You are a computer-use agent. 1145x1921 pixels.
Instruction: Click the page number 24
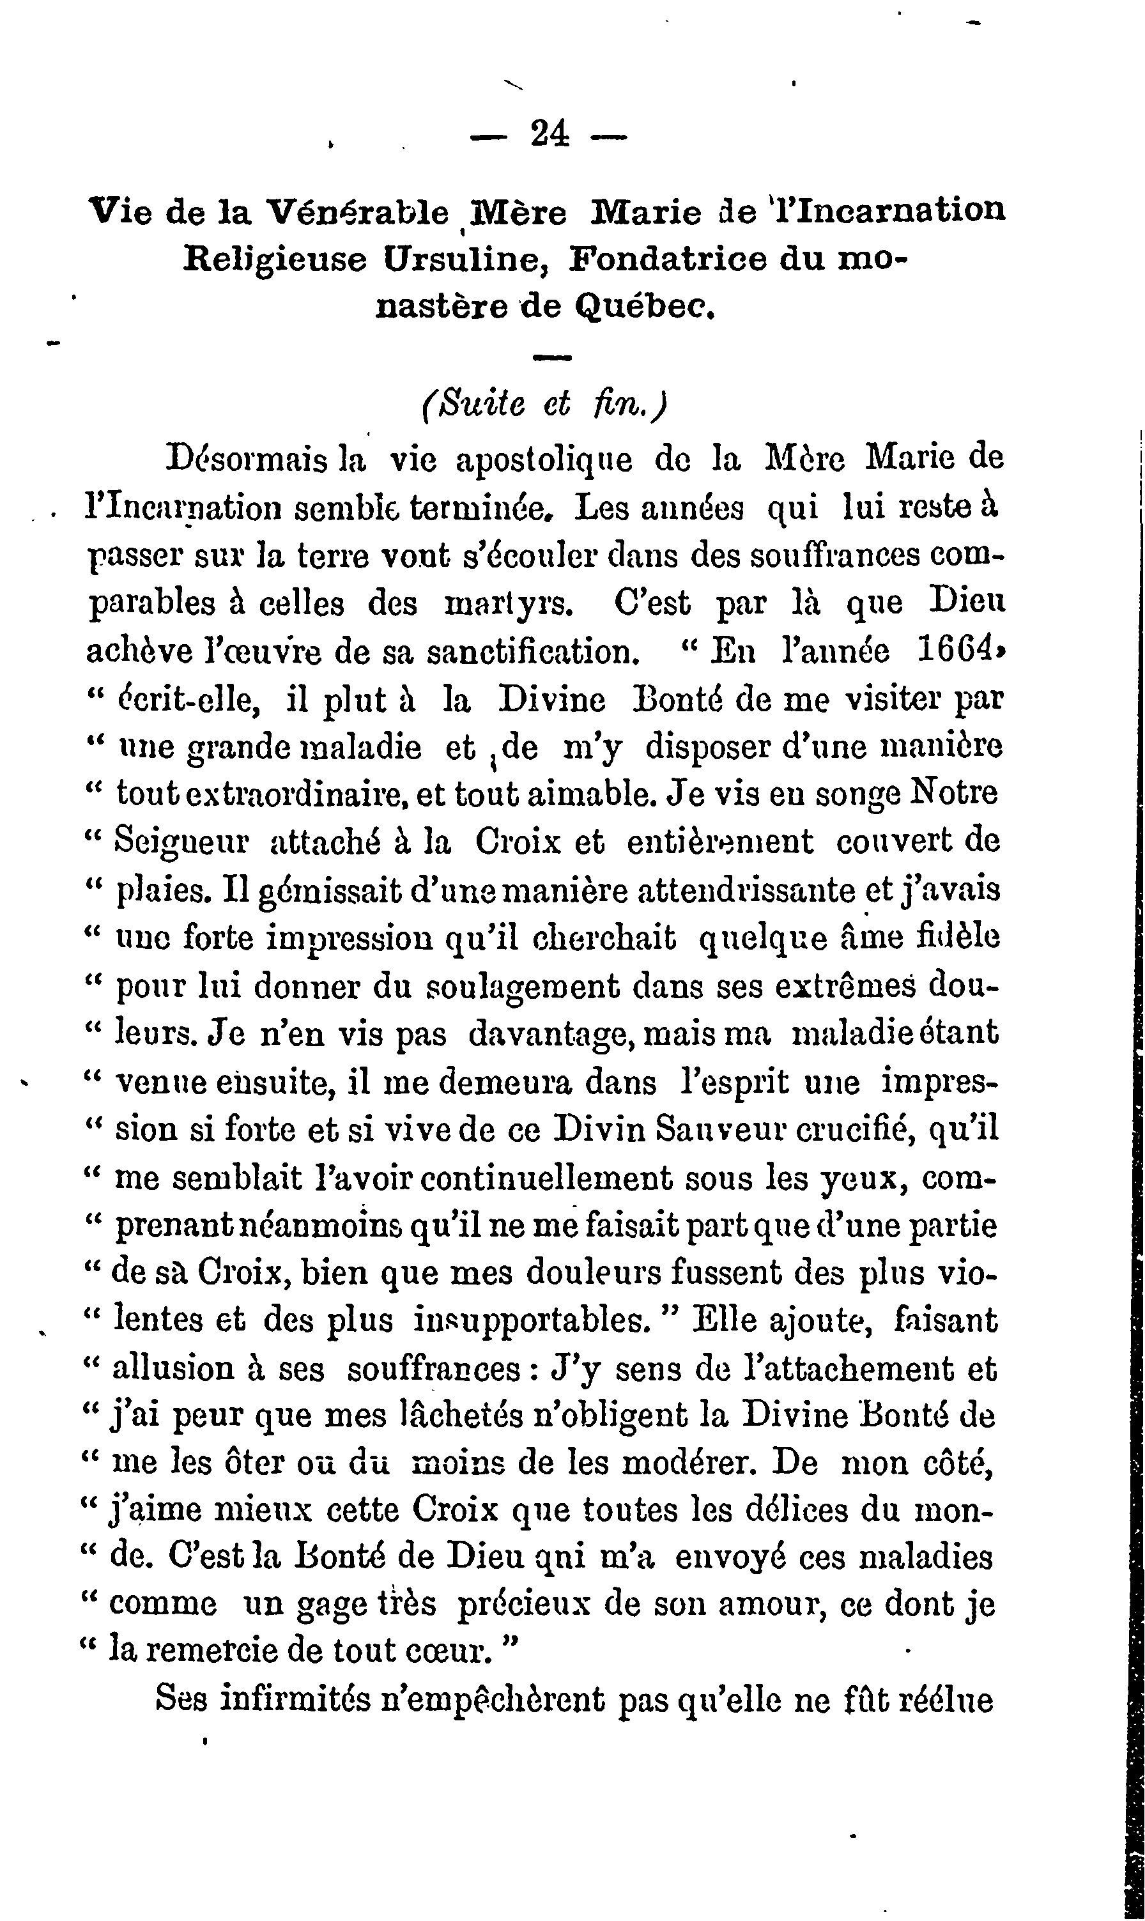[550, 135]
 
